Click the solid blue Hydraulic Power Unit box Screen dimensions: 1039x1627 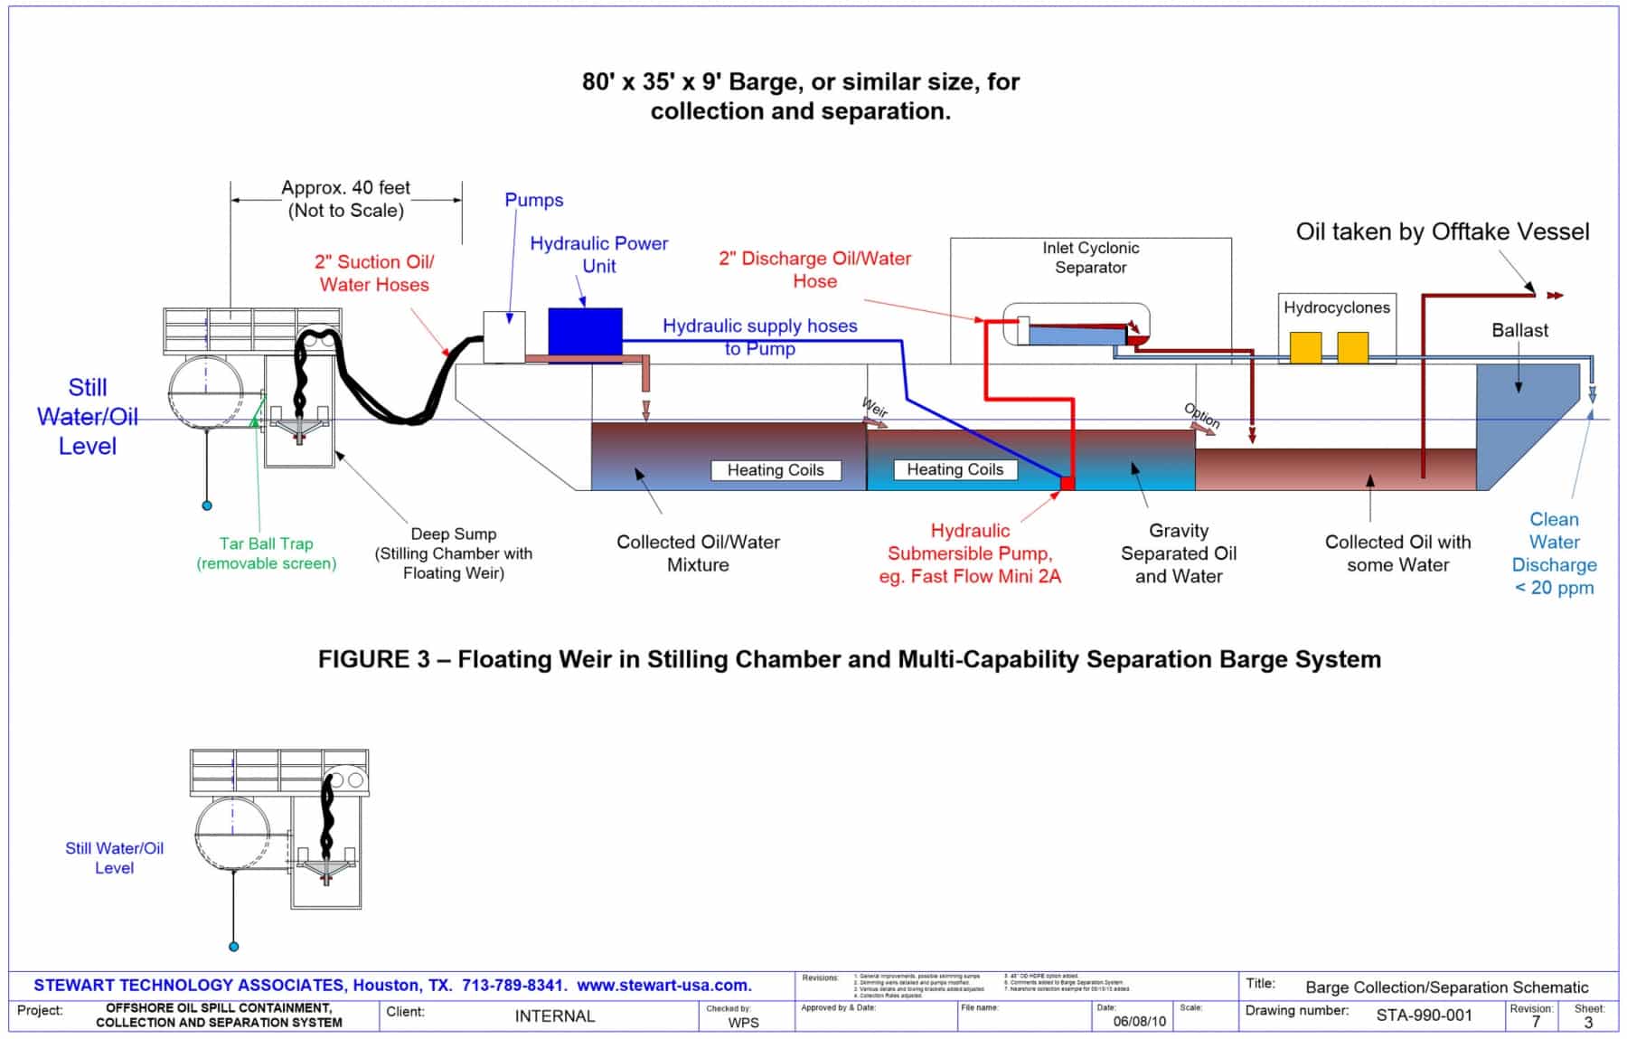click(585, 331)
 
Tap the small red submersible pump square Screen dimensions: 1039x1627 click(1067, 483)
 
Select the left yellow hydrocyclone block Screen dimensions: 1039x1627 click(1305, 348)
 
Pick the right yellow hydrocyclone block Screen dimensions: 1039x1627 click(1352, 348)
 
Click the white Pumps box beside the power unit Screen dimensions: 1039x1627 click(503, 336)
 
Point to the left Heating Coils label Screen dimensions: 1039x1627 click(776, 470)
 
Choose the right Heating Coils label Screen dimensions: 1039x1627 click(955, 469)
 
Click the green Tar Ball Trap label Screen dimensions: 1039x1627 click(266, 553)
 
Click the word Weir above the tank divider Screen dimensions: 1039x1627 click(874, 407)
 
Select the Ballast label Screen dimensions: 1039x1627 click(1519, 330)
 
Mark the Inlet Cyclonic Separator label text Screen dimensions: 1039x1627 click(1090, 258)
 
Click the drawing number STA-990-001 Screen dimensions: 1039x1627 click(1424, 1015)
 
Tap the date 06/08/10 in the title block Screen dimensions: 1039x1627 click(1139, 1021)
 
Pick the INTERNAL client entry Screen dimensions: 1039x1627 click(554, 1016)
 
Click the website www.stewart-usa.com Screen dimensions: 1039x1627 click(663, 985)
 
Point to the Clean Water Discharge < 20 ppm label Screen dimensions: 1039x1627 click(1554, 553)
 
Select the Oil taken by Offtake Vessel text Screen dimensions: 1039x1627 click(1442, 231)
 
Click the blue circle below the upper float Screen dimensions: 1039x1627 click(207, 505)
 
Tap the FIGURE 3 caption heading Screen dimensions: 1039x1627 click(849, 659)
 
